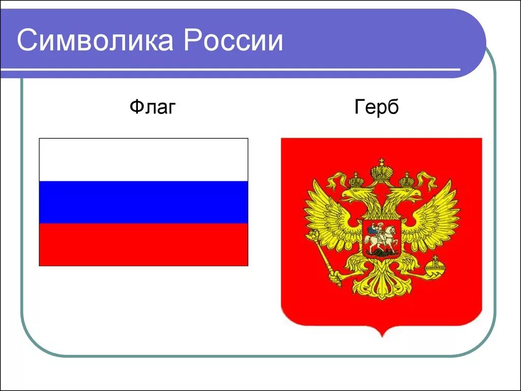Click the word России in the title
234,41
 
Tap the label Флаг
152,107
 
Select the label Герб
377,107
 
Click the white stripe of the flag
143,159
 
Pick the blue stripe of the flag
143,202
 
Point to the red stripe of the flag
143,244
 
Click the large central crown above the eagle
381,171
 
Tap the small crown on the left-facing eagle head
356,180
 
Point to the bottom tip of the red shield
381,336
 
